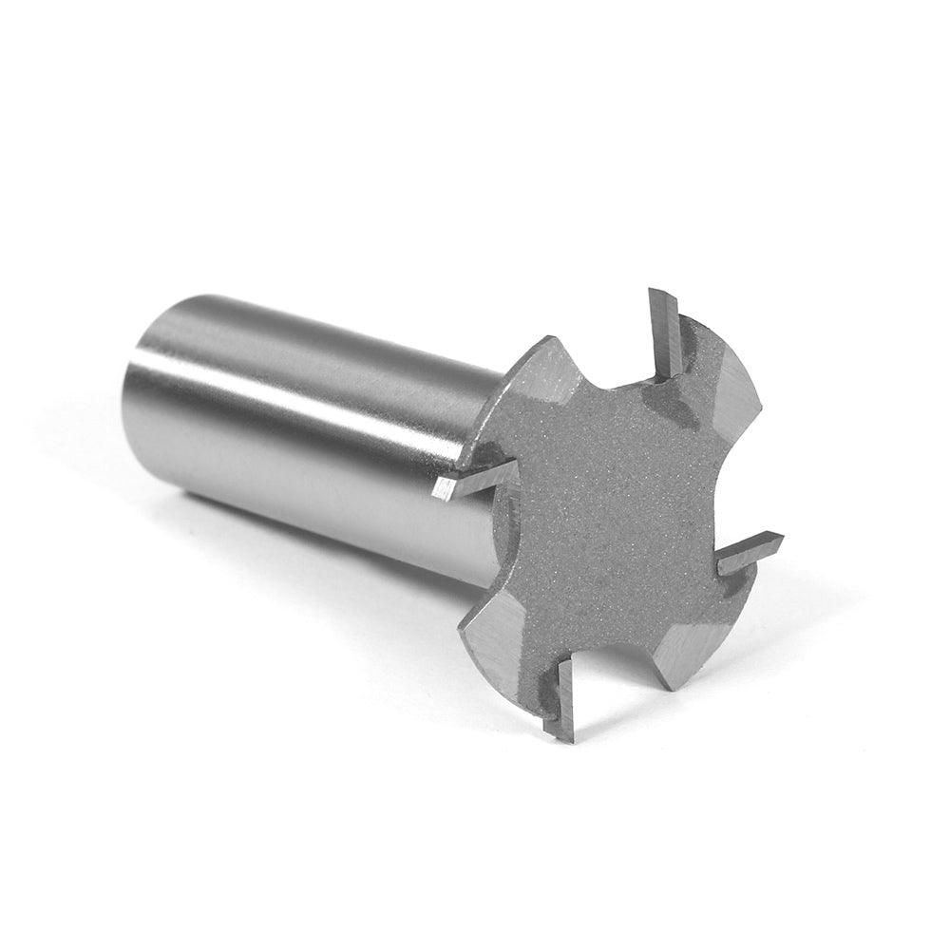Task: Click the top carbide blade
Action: (x=665, y=332)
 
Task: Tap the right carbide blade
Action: (x=750, y=554)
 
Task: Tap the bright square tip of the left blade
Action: (x=443, y=489)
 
